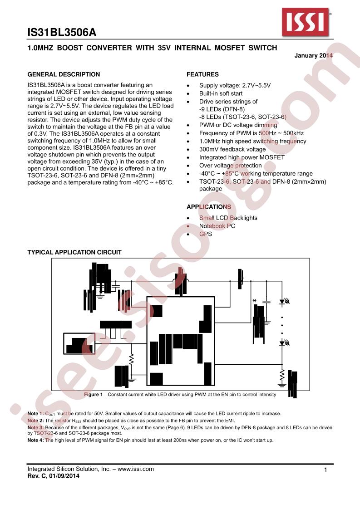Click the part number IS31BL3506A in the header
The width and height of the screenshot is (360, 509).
pyautogui.click(x=62, y=33)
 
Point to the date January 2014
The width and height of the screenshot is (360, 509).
pyautogui.click(x=314, y=55)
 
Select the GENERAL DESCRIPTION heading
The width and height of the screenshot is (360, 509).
pyautogui.click(x=64, y=74)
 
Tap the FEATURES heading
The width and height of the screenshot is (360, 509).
pyautogui.click(x=202, y=74)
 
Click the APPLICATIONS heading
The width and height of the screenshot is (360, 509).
pyautogui.click(x=209, y=207)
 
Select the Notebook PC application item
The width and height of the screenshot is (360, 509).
pyautogui.click(x=217, y=226)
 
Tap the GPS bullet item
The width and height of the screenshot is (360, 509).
pyautogui.click(x=205, y=234)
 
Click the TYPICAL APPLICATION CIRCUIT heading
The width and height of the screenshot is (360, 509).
pyautogui.click(x=74, y=252)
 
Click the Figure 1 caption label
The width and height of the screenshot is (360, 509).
pyautogui.click(x=94, y=395)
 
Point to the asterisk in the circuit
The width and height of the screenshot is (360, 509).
pyautogui.click(x=254, y=302)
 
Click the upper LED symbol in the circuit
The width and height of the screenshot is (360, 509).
pyautogui.click(x=283, y=301)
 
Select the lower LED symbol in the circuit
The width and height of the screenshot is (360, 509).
pyautogui.click(x=283, y=343)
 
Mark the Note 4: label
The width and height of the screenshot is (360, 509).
pyautogui.click(x=35, y=440)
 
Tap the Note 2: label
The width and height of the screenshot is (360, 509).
pyautogui.click(x=35, y=421)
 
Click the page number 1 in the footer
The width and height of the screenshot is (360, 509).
pyautogui.click(x=326, y=470)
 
